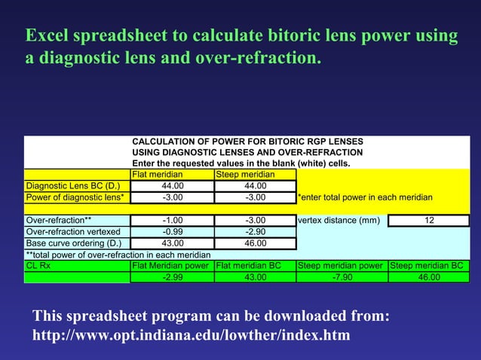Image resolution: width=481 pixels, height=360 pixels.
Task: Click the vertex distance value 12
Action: [429, 221]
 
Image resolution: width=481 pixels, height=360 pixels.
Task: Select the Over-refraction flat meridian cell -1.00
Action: [172, 221]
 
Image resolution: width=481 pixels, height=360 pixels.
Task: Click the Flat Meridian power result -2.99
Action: [172, 277]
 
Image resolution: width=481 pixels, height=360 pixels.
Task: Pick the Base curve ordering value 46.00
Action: [256, 243]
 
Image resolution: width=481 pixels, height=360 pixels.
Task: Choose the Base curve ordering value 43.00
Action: [172, 243]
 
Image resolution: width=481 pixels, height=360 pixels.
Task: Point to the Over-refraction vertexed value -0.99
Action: [172, 232]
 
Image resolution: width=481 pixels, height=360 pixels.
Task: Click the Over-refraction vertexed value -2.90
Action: [256, 232]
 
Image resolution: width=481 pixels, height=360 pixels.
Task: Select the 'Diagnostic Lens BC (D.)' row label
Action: [73, 186]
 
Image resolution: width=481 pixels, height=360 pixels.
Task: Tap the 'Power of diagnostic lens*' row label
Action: [75, 197]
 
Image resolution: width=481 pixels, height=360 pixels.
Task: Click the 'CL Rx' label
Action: [38, 265]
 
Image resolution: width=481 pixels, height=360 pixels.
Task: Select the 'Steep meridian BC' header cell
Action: [427, 265]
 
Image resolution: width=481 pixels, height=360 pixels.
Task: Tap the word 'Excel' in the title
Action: [47, 36]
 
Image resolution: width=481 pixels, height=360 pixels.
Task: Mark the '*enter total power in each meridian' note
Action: [365, 197]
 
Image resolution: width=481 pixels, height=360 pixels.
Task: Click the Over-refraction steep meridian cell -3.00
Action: [256, 221]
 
